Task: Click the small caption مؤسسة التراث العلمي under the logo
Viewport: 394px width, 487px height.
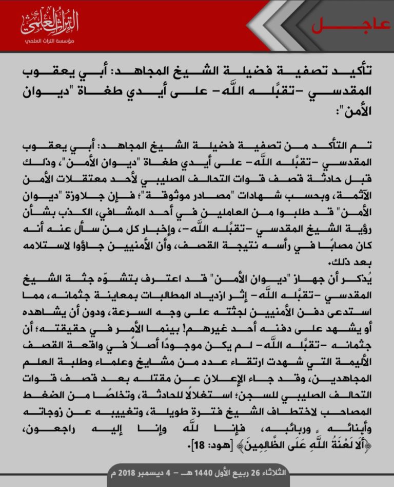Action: tap(50, 41)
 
